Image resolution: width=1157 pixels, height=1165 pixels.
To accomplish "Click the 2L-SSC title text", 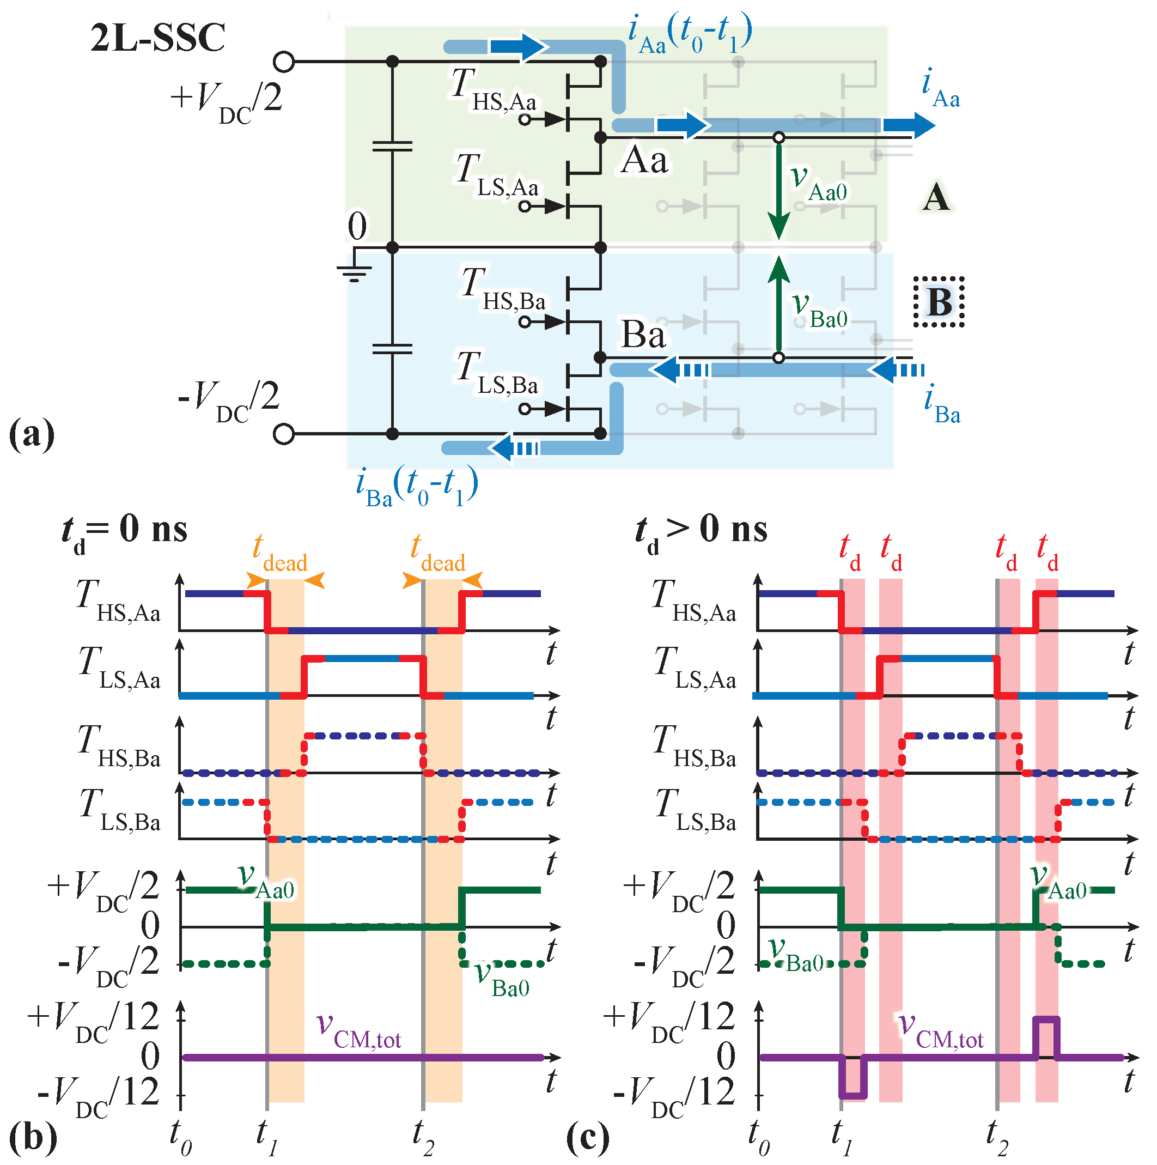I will pos(158,38).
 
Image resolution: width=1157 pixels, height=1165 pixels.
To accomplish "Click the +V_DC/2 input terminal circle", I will pos(283,62).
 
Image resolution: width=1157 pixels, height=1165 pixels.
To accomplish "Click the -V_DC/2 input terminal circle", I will pos(283,434).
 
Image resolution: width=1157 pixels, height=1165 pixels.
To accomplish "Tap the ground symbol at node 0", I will pos(355,273).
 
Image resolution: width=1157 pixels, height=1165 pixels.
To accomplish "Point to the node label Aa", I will pos(644,160).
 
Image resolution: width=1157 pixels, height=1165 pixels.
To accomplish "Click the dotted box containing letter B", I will pos(938,301).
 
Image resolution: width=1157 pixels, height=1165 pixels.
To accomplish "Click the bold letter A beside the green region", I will pos(936,197).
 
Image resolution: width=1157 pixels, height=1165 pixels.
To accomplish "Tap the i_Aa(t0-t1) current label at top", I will pos(689,34).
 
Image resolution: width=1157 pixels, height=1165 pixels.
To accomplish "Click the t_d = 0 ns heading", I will pos(125,531).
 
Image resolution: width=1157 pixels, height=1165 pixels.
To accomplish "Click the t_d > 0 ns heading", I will pos(701,531).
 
